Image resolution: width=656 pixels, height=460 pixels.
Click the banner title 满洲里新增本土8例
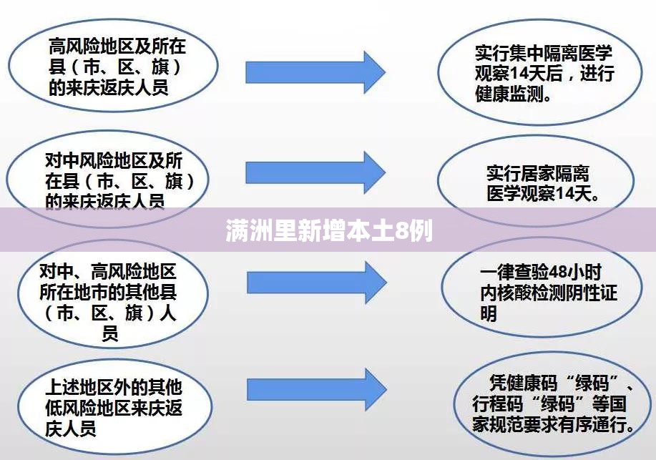(x=329, y=231)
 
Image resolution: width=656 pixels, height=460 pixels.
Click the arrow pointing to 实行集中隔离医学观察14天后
(x=315, y=72)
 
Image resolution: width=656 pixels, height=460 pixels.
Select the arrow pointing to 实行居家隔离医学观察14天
(x=315, y=172)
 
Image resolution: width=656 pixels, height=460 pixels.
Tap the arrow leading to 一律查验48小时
(x=317, y=283)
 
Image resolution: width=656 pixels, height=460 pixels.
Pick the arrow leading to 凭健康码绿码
(x=317, y=390)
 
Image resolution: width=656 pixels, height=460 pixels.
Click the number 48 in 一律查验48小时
(x=557, y=272)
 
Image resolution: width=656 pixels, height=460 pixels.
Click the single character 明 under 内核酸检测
(x=489, y=313)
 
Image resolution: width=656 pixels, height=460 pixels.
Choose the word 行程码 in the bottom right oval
(x=498, y=403)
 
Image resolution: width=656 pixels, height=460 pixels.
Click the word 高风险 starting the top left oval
(x=74, y=46)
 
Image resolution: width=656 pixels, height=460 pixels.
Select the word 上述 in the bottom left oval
(x=62, y=387)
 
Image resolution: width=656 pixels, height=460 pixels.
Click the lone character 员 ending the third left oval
(x=110, y=333)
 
